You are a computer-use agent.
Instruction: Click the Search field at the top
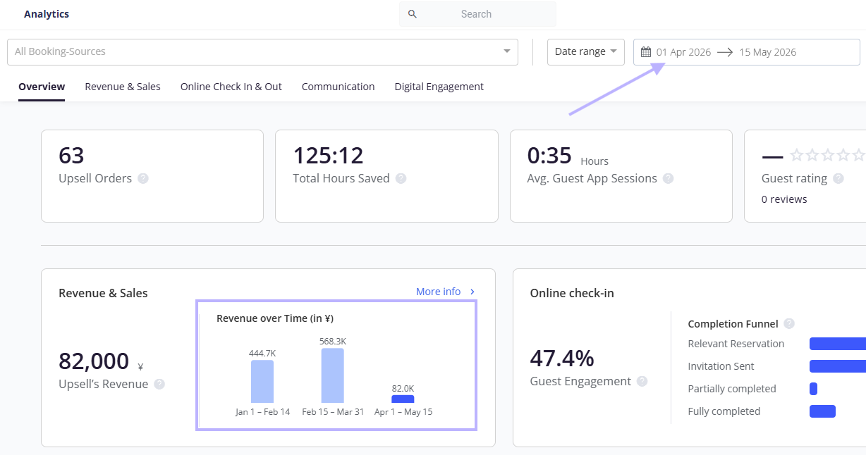point(477,14)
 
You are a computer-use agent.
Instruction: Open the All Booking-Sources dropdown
point(262,51)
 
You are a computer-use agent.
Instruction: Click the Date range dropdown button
point(586,51)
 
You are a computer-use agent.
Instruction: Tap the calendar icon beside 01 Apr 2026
point(646,51)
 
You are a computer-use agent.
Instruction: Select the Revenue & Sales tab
point(123,87)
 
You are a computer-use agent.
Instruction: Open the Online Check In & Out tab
point(231,87)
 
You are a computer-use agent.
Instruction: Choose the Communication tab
point(338,87)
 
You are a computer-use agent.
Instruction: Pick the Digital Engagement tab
point(439,87)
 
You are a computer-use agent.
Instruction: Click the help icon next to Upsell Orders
point(143,178)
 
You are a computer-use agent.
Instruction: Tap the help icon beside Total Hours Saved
point(401,178)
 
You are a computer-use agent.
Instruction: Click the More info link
point(445,292)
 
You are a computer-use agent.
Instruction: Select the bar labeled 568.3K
point(332,375)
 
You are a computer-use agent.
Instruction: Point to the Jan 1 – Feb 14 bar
point(262,382)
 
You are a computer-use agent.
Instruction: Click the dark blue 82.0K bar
point(403,399)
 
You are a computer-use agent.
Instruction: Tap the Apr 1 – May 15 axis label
point(403,412)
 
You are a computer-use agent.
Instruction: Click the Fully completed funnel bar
point(822,411)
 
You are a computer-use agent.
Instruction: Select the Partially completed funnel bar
point(813,389)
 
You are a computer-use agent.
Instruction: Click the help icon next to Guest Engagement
point(642,381)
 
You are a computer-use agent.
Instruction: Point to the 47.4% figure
point(562,358)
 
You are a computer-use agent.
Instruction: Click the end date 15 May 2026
point(767,52)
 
